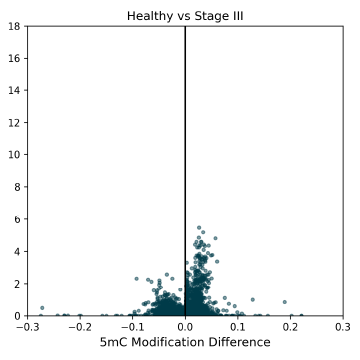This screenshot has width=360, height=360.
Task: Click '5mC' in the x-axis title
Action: pyautogui.click(x=116, y=343)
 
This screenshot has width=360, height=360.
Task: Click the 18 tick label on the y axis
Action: pyautogui.click(x=14, y=26)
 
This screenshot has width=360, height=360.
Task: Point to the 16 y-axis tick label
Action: pyautogui.click(x=14, y=58)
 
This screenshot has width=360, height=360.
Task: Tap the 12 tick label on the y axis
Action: pyautogui.click(x=14, y=122)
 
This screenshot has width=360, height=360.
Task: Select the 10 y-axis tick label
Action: pyautogui.click(x=14, y=155)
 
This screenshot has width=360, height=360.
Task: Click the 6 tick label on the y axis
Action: pyautogui.click(x=17, y=219)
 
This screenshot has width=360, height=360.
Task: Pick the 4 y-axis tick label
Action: pyautogui.click(x=17, y=251)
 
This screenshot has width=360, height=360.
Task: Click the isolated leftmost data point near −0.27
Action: pyautogui.click(x=42, y=308)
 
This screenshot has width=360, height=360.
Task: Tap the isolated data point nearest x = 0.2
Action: pyautogui.click(x=284, y=301)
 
